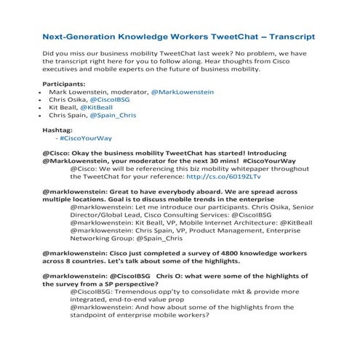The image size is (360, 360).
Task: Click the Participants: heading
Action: coord(70,84)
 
